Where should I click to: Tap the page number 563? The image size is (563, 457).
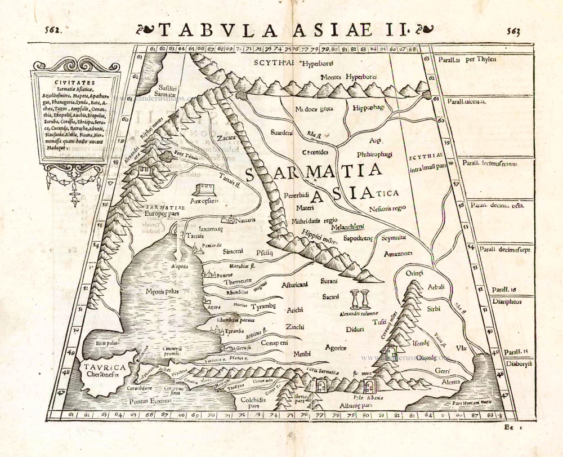pyautogui.click(x=513, y=32)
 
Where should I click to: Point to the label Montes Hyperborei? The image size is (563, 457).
pyautogui.click(x=347, y=77)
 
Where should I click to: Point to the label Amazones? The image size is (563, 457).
pyautogui.click(x=398, y=254)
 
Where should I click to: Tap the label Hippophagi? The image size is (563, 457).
pyautogui.click(x=369, y=107)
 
